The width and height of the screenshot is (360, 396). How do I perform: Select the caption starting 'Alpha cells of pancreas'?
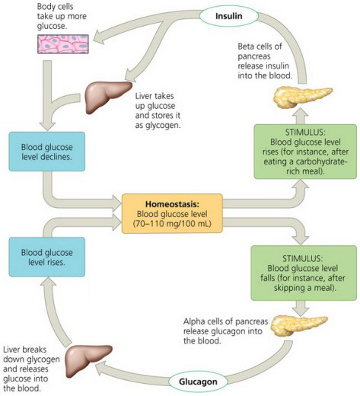(x=217, y=327)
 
